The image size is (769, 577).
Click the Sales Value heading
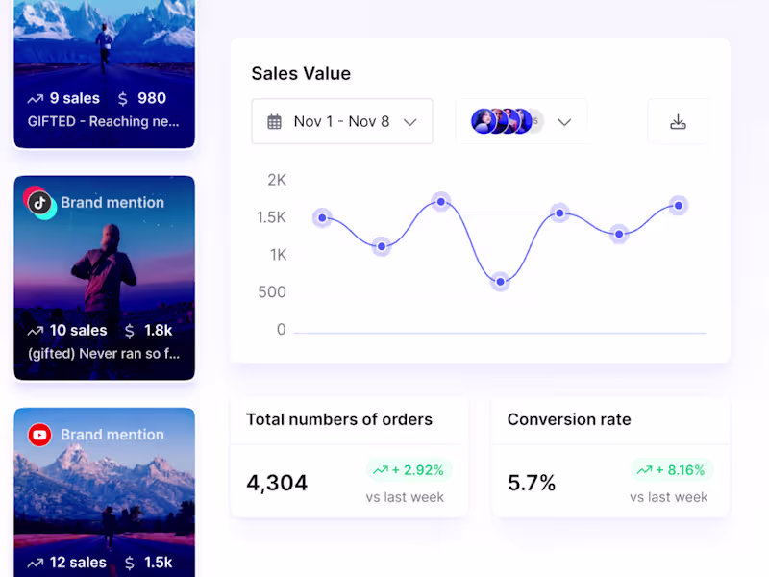pyautogui.click(x=301, y=74)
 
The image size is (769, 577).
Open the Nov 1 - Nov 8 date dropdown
pyautogui.click(x=341, y=121)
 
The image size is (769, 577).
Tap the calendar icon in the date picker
pyautogui.click(x=275, y=122)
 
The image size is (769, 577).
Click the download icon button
pyautogui.click(x=678, y=121)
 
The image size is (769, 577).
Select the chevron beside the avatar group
pyautogui.click(x=565, y=122)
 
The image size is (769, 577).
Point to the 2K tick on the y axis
pyautogui.click(x=277, y=180)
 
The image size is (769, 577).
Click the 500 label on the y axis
pyautogui.click(x=272, y=292)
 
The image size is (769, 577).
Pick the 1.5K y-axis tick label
pyautogui.click(x=271, y=217)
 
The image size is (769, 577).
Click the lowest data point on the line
pyautogui.click(x=500, y=282)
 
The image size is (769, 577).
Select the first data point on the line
pyautogui.click(x=323, y=218)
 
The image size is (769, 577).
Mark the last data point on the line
pyautogui.click(x=679, y=205)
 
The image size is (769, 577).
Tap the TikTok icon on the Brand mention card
pyautogui.click(x=39, y=202)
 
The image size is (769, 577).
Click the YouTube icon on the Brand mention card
pyautogui.click(x=39, y=435)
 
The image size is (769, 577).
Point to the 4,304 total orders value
pyautogui.click(x=277, y=483)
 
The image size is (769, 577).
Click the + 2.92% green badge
pyautogui.click(x=409, y=470)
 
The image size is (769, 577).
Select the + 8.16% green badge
pyautogui.click(x=673, y=470)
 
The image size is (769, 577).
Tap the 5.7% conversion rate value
pyautogui.click(x=532, y=483)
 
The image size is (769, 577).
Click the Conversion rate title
pyautogui.click(x=569, y=419)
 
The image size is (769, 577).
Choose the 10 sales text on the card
pyautogui.click(x=78, y=330)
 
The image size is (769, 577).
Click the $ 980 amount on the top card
pyautogui.click(x=142, y=98)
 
